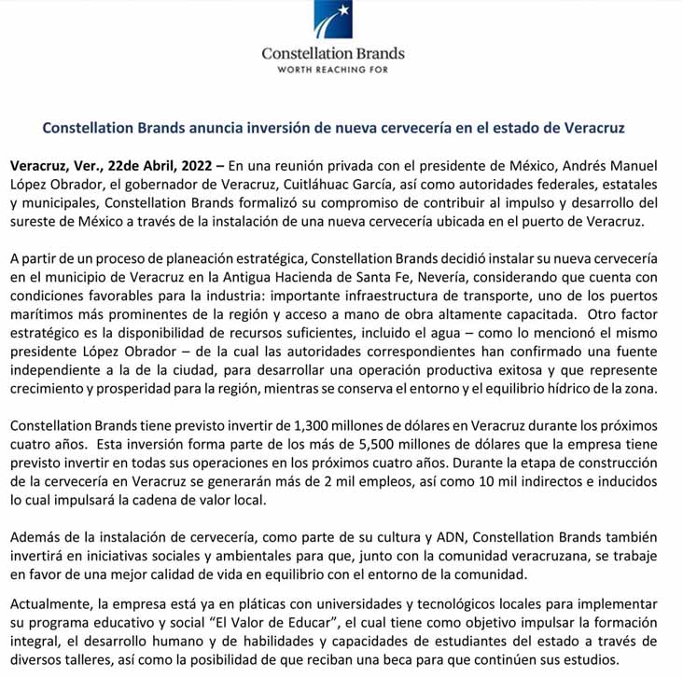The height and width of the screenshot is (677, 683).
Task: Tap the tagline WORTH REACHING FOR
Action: (333, 69)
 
